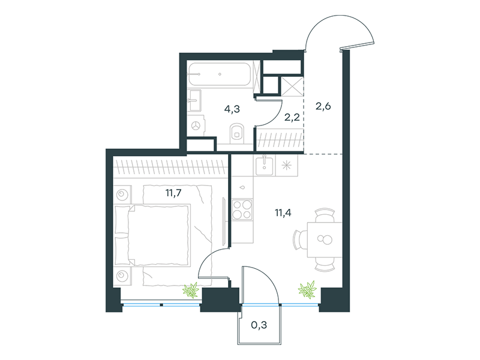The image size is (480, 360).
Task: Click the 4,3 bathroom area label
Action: coord(232,109)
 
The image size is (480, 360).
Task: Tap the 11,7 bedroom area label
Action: coord(173,193)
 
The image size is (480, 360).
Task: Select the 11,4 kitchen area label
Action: coord(283,212)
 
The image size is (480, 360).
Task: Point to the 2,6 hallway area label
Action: coord(323,106)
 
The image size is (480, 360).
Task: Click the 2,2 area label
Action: coord(292,117)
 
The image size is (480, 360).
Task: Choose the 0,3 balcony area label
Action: coord(259,325)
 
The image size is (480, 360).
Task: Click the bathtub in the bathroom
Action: coord(219,74)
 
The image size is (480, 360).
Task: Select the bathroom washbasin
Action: coord(194,100)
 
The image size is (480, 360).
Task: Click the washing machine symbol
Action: coord(196,125)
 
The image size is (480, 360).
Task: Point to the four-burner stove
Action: coord(242,209)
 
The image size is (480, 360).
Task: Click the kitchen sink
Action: coord(265,166)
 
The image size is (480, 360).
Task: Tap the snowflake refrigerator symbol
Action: coord(287,166)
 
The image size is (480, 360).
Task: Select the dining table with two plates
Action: coord(325,239)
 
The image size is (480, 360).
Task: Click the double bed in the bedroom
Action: coord(152,235)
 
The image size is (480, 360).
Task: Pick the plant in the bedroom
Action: coord(191,290)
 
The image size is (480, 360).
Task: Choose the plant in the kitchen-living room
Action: coord(307,289)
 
